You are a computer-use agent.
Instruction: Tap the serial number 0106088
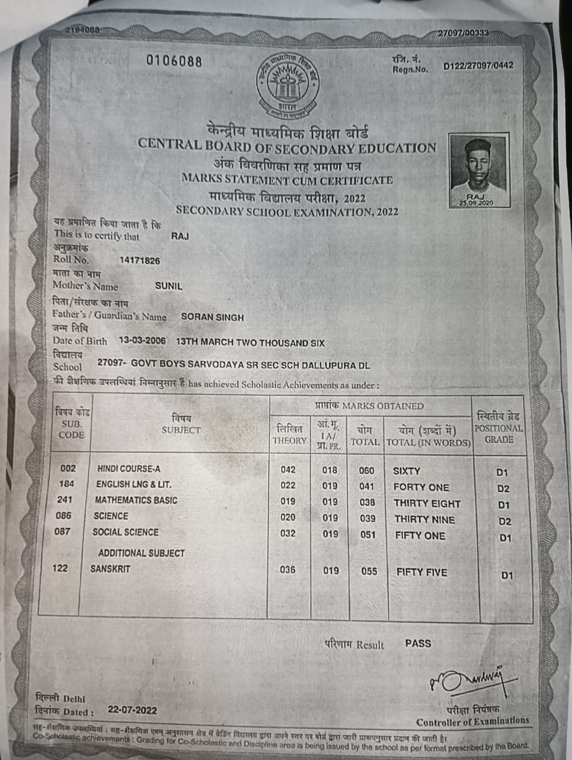coord(174,62)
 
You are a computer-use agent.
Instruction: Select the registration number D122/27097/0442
coord(478,66)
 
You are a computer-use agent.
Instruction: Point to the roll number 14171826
coord(140,261)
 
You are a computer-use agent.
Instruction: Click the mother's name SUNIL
coord(169,286)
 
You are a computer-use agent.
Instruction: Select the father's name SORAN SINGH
coord(212,317)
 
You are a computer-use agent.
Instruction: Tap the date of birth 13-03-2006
coord(142,341)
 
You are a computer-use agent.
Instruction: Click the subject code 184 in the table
coord(67,484)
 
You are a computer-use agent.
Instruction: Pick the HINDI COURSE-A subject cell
coord(129,469)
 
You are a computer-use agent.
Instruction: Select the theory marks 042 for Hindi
coord(288,470)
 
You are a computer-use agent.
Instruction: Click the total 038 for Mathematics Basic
coord(367,503)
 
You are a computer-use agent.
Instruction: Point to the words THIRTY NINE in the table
coord(424,520)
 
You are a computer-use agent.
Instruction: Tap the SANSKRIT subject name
coord(110,569)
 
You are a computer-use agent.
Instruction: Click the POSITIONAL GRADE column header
coord(499,428)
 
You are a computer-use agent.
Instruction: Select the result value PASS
coord(418,644)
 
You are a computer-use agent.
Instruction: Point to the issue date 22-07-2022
coord(132,710)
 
